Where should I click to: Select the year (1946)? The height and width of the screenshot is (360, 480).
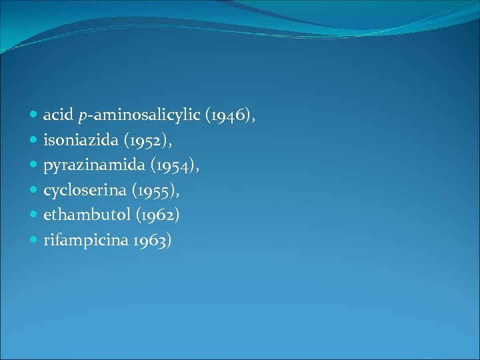230,116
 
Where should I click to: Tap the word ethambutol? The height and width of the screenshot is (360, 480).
83,215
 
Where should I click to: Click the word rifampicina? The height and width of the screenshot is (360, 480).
81,240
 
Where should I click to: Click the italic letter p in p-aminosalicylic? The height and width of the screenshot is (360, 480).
82,117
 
